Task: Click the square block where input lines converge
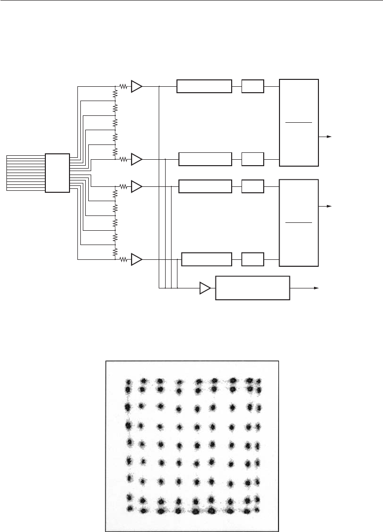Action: [x=57, y=173]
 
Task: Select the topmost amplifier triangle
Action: [x=137, y=86]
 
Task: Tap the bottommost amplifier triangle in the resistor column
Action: [x=137, y=259]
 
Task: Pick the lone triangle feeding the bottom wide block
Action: [x=205, y=287]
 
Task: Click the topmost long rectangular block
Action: [x=204, y=86]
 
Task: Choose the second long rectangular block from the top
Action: [x=205, y=159]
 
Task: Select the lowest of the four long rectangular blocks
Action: [x=207, y=259]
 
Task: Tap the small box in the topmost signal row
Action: [x=253, y=86]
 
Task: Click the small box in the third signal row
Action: [x=253, y=186]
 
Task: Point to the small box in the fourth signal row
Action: [x=253, y=259]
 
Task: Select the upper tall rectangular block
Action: [x=299, y=122]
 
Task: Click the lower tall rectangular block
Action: [x=299, y=223]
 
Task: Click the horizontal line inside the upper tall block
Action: [x=299, y=121]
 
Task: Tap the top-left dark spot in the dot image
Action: [x=129, y=382]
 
